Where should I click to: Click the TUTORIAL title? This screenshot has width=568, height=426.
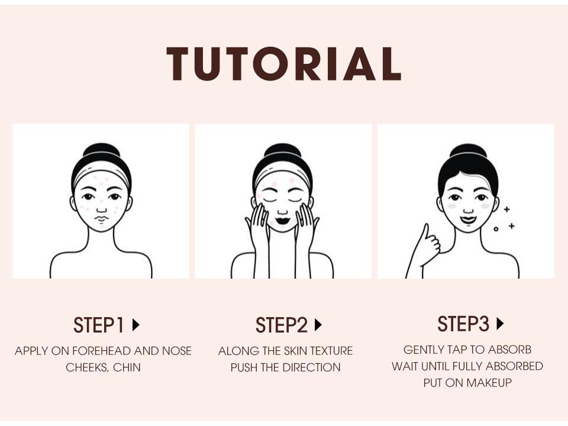tap(284, 63)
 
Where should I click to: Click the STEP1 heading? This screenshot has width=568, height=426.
tap(99, 325)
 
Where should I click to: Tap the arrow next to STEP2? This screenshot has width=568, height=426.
tap(318, 325)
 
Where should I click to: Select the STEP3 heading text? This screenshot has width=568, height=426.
tap(463, 324)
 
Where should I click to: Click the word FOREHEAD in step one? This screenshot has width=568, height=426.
tap(104, 351)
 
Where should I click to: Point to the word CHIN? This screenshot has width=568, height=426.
tap(127, 367)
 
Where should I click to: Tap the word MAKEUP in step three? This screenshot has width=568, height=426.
tap(489, 383)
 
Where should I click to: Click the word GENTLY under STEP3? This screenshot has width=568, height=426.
tap(422, 350)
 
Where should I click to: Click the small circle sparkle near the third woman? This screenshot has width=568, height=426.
tap(496, 228)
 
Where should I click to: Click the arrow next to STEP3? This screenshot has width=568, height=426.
tap(500, 324)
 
